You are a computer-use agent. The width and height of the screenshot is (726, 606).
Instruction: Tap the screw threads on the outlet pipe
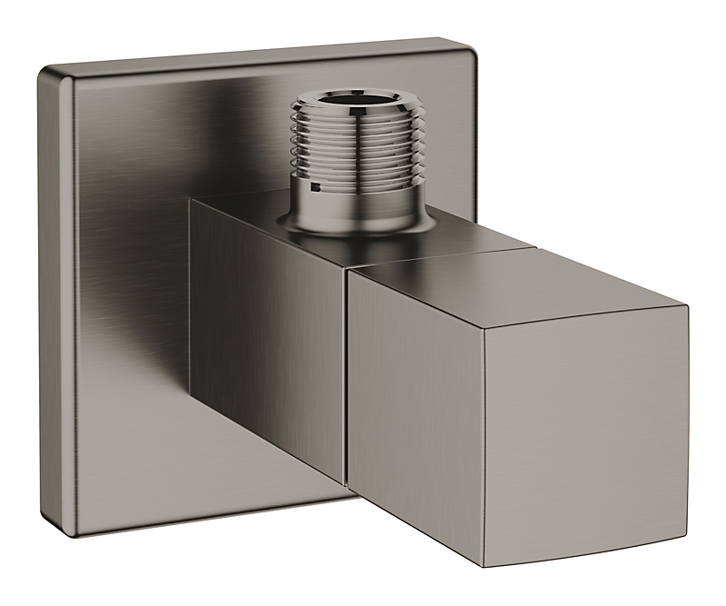(x=355, y=145)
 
